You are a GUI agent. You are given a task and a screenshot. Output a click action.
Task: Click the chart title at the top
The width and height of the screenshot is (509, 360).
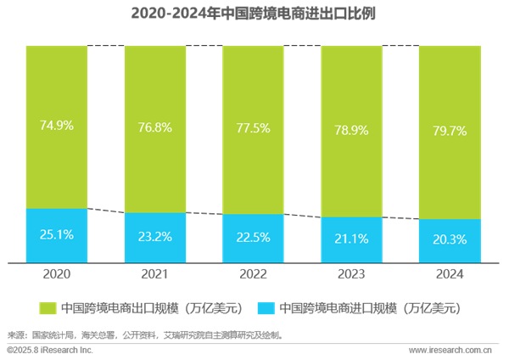[x=255, y=14]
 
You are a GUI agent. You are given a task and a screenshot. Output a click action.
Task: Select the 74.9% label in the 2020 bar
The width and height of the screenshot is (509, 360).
[x=57, y=126]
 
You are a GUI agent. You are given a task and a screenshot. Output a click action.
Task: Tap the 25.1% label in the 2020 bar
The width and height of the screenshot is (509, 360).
[x=57, y=235]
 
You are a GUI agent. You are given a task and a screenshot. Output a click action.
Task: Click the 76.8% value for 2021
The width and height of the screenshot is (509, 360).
[x=155, y=128]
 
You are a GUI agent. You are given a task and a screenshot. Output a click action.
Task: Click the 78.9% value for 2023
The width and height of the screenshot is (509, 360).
[x=352, y=131]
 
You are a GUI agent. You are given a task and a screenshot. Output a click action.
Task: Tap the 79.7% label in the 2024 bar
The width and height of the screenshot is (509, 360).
[x=450, y=132]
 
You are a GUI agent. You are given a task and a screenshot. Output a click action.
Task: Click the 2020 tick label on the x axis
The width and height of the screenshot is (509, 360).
[x=57, y=274]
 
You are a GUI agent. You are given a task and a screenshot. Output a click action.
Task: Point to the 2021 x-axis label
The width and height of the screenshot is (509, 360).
[x=155, y=274]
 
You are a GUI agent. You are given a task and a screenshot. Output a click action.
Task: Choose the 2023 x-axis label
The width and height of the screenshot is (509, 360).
[x=352, y=274]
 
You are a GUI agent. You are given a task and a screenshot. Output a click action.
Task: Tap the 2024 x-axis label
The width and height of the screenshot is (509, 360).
[x=450, y=274]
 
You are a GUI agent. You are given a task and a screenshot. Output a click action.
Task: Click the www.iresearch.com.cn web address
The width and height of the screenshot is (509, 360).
[x=450, y=350]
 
